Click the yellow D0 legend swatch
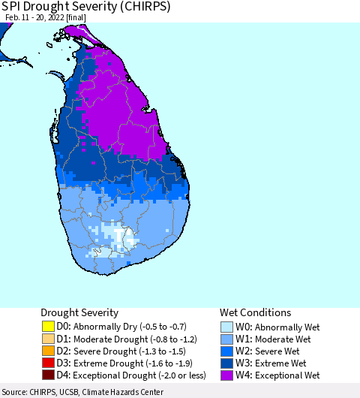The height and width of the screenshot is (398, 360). (48, 327)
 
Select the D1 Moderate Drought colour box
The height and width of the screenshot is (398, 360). (48, 339)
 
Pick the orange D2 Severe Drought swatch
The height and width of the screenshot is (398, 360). (48, 351)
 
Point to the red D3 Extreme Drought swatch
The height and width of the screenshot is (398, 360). (48, 363)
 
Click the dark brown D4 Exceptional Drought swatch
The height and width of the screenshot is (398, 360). (48, 375)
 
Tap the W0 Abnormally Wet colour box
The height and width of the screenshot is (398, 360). (227, 327)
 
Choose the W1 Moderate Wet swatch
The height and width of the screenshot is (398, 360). (227, 339)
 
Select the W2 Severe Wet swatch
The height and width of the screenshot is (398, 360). (227, 351)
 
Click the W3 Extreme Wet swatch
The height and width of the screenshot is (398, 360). (227, 363)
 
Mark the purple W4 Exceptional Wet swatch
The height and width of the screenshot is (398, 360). (227, 375)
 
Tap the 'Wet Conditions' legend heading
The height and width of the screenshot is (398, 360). (255, 312)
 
